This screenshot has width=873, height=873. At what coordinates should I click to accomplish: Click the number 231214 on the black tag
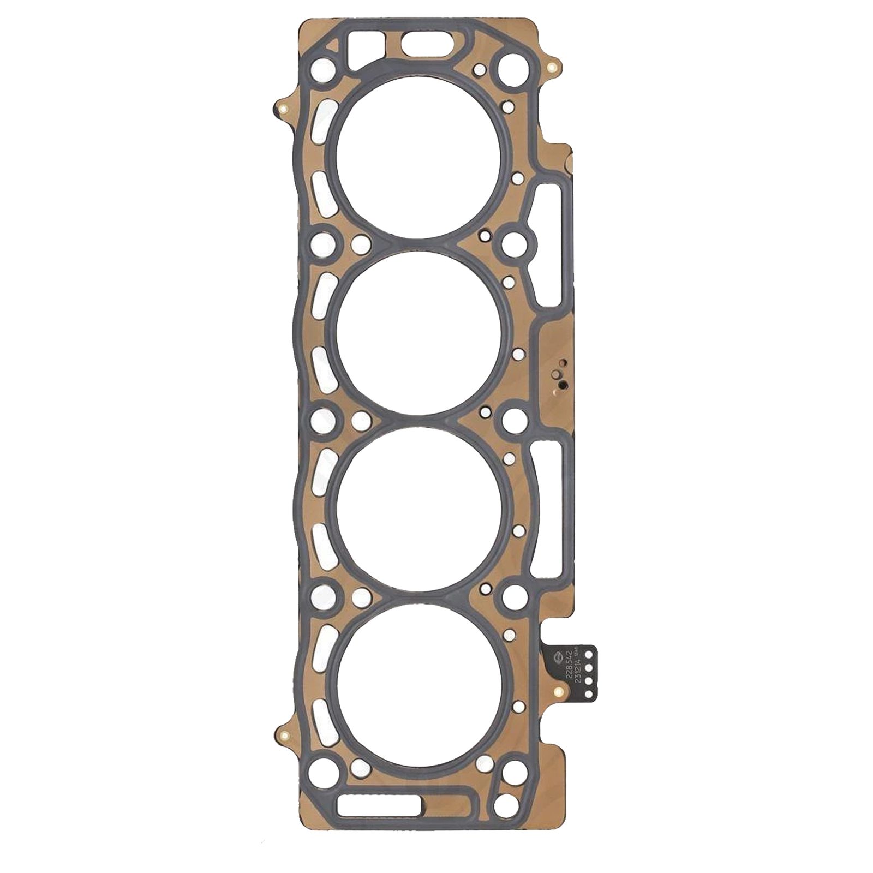click(x=577, y=667)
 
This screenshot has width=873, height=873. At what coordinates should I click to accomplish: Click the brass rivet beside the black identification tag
click(x=557, y=693)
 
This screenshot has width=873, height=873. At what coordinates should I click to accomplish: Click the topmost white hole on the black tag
click(x=589, y=653)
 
